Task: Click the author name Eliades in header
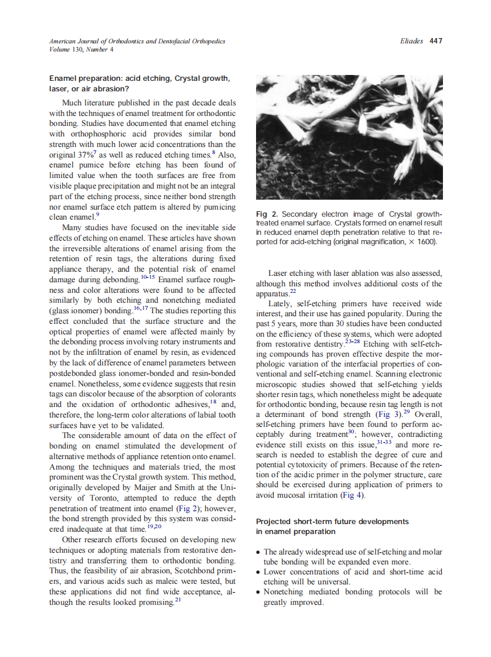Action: pyautogui.click(x=412, y=41)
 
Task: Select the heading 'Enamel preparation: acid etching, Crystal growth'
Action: pyautogui.click(x=139, y=78)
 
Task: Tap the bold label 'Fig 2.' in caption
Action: pyautogui.click(x=267, y=214)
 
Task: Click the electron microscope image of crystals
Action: pyautogui.click(x=349, y=137)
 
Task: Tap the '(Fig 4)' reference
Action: pyautogui.click(x=353, y=495)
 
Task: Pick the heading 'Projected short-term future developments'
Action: pyautogui.click(x=332, y=521)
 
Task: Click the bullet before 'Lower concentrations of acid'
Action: pyautogui.click(x=259, y=572)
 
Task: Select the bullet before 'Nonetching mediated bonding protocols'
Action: pyautogui.click(x=259, y=593)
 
